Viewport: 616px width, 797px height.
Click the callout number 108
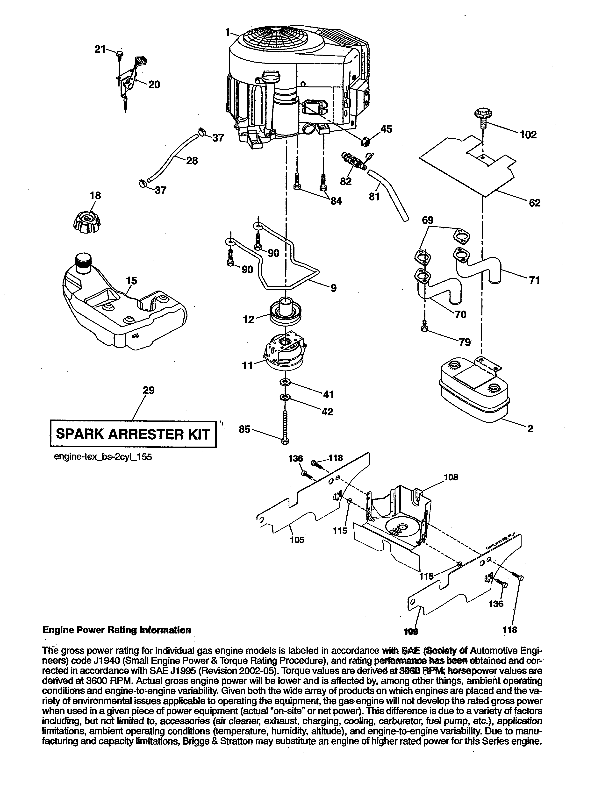click(x=451, y=477)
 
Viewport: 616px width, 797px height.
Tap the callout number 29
click(x=149, y=391)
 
